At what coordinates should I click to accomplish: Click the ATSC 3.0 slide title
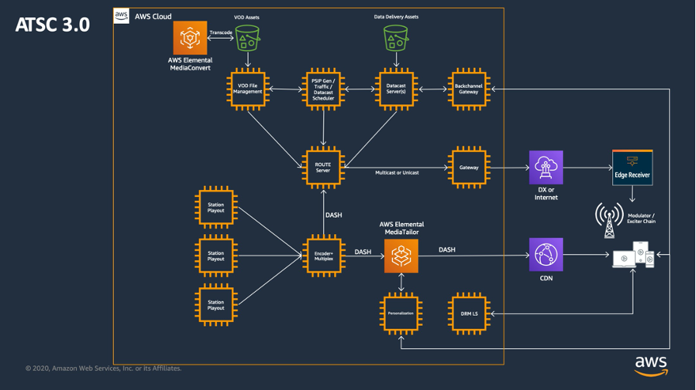(x=51, y=25)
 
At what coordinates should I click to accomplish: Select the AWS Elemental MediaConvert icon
(x=190, y=38)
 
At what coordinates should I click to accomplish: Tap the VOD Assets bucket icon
(x=247, y=37)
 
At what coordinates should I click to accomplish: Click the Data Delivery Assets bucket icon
(x=396, y=37)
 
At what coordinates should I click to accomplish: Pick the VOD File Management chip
(x=248, y=89)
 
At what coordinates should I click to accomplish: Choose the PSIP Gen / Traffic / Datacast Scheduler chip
(x=323, y=89)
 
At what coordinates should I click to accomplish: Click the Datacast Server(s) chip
(x=396, y=89)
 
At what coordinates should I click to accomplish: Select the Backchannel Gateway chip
(x=469, y=89)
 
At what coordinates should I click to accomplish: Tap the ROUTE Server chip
(x=323, y=168)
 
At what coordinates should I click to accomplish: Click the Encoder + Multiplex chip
(x=323, y=256)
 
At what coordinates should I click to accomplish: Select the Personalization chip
(x=401, y=313)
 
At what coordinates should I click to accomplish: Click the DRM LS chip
(x=469, y=313)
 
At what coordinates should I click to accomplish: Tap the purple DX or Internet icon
(x=546, y=168)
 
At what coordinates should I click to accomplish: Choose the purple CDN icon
(x=546, y=255)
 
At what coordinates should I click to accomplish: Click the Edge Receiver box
(x=632, y=168)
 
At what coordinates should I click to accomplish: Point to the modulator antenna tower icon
(x=609, y=220)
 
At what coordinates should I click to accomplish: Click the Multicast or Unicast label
(x=397, y=172)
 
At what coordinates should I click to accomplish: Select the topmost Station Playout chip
(x=216, y=207)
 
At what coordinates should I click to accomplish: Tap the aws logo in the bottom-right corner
(x=651, y=365)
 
